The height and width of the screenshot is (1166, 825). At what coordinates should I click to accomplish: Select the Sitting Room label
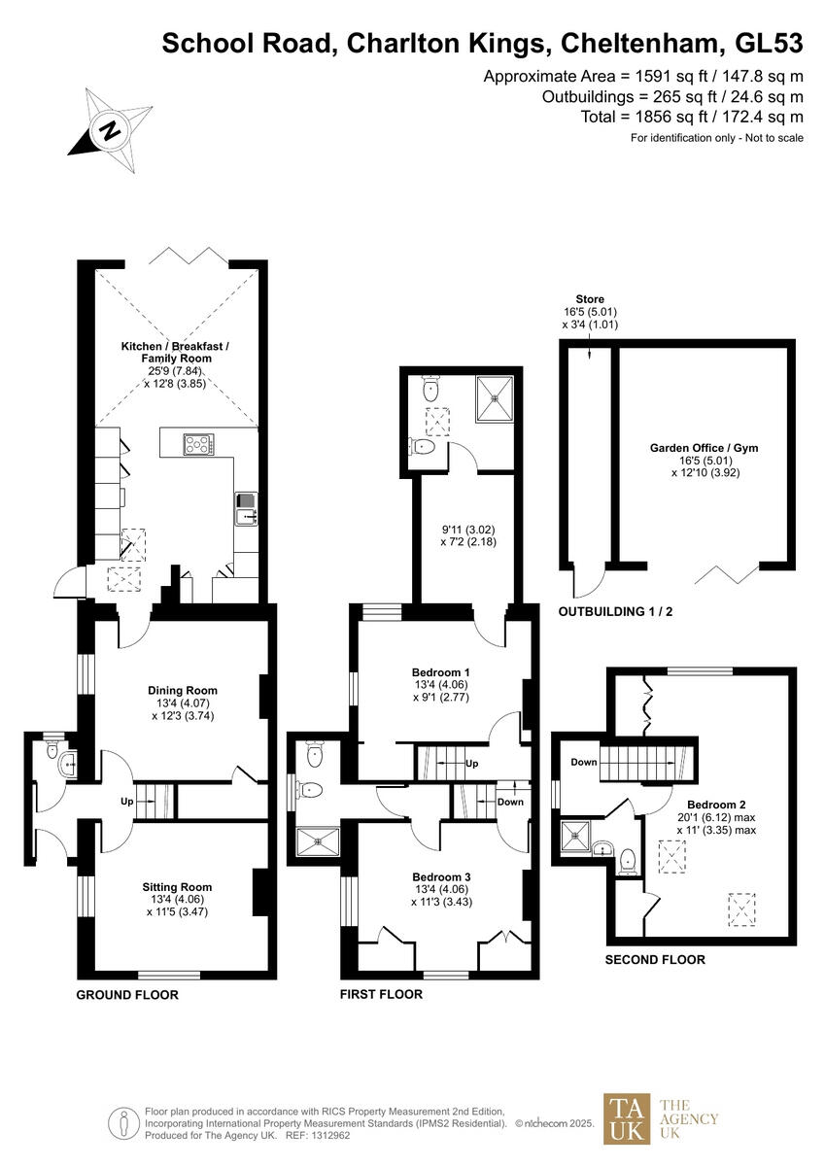coord(177,887)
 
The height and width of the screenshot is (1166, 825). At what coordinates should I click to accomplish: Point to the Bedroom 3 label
coord(440,877)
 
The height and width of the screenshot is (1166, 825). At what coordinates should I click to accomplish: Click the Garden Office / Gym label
coord(704,448)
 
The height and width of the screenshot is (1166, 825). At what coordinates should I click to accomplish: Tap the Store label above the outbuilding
coord(589,299)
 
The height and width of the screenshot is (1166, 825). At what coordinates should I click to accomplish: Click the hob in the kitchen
coord(200,445)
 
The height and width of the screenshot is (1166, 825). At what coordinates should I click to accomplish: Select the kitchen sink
coord(244,509)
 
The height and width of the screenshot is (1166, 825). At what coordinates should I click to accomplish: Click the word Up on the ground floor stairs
coord(126,804)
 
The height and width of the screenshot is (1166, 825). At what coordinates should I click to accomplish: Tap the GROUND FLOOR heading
coord(127,995)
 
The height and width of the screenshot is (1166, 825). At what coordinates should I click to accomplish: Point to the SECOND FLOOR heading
coord(655,959)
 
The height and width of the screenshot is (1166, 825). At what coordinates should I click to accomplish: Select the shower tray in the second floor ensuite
coord(575,834)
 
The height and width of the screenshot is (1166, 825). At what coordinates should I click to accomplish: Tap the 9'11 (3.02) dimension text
coord(467,529)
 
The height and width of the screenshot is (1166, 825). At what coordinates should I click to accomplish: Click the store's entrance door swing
coord(588,581)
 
